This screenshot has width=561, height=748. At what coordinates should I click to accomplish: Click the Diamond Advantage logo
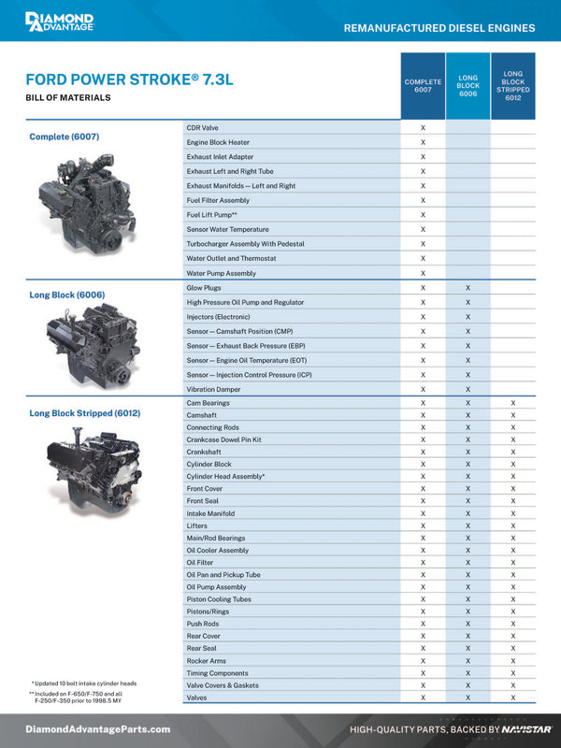[59, 22]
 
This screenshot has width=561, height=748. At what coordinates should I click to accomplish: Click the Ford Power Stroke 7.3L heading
[129, 79]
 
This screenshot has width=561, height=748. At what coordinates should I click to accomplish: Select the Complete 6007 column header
[423, 86]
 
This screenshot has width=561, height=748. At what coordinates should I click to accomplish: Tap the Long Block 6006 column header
[467, 86]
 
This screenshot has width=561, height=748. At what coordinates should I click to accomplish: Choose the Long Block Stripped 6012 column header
[512, 86]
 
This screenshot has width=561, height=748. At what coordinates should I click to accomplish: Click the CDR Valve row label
[203, 127]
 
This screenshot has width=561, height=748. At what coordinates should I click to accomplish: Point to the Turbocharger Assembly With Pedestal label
[240, 244]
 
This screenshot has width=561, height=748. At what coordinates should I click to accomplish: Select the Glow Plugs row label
[204, 288]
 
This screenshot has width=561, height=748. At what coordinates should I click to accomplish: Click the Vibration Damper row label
[214, 389]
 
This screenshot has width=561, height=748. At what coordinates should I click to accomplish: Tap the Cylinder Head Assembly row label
[225, 477]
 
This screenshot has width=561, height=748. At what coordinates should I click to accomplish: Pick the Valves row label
[196, 698]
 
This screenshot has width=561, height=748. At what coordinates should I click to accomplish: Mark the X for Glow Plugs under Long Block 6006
[467, 288]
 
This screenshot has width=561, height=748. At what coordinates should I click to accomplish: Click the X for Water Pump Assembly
[423, 273]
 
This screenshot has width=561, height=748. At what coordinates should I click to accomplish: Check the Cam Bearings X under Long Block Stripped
[512, 403]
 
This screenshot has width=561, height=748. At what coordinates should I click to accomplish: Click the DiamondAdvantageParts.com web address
[98, 729]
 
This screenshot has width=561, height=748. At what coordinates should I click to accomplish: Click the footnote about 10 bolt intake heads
[84, 683]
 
